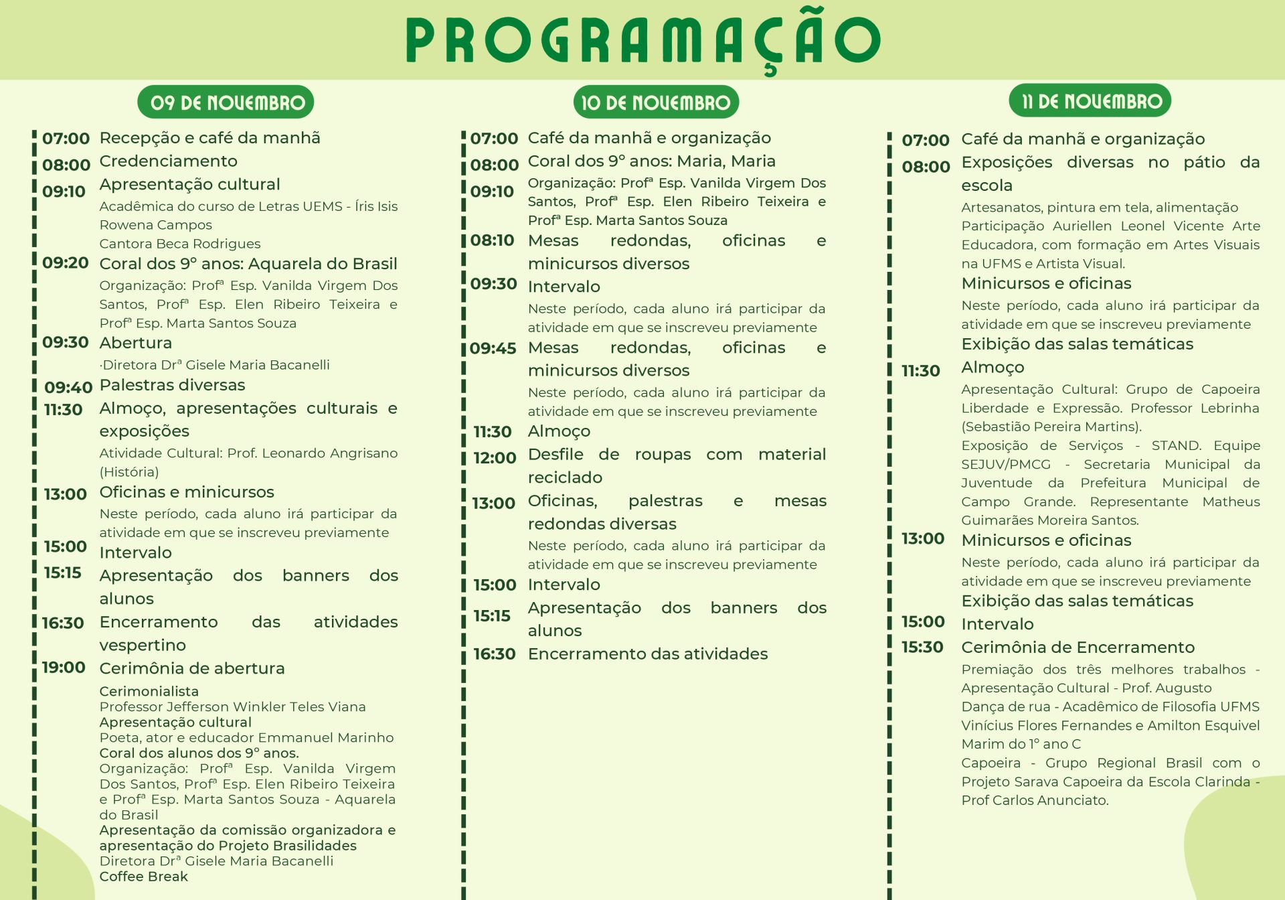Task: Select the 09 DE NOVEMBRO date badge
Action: pyautogui.click(x=226, y=102)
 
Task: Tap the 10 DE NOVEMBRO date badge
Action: pyautogui.click(x=656, y=102)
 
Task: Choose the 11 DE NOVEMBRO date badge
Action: pyautogui.click(x=1090, y=101)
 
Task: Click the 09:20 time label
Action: pyautogui.click(x=65, y=262)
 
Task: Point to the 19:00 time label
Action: pyautogui.click(x=64, y=668)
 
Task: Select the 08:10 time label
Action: pyautogui.click(x=492, y=240)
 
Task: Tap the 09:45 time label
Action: pyautogui.click(x=493, y=348)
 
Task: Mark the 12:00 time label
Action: pyautogui.click(x=495, y=458)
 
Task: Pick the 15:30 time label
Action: pyautogui.click(x=922, y=648)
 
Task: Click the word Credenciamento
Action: pyautogui.click(x=168, y=161)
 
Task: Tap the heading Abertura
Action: pyautogui.click(x=135, y=343)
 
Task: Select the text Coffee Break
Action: pyautogui.click(x=143, y=877)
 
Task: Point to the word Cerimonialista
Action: pyautogui.click(x=149, y=691)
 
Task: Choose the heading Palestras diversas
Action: pyautogui.click(x=172, y=385)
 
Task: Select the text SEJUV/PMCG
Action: pyautogui.click(x=1006, y=465)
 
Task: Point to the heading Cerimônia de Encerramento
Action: pyautogui.click(x=1078, y=648)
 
